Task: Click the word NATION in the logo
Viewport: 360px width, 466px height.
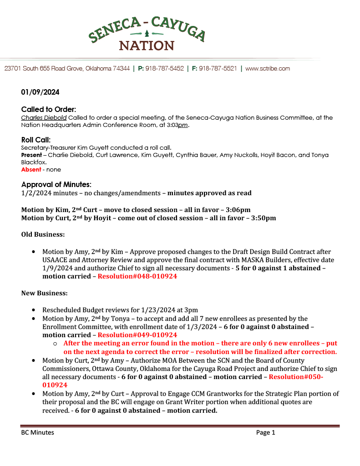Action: click(x=147, y=46)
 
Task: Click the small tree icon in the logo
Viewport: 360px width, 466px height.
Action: click(x=147, y=34)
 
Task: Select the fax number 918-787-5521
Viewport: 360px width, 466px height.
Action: click(x=218, y=69)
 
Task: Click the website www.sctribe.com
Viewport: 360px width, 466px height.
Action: click(x=268, y=69)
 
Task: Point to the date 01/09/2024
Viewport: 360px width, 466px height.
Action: click(x=40, y=92)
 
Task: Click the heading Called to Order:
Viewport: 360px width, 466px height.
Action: click(x=48, y=110)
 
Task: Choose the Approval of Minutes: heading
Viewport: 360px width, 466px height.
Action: click(x=56, y=184)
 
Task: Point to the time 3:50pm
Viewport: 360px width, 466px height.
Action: click(x=263, y=218)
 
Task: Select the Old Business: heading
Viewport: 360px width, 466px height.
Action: click(x=43, y=234)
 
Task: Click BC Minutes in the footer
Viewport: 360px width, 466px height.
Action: click(x=37, y=433)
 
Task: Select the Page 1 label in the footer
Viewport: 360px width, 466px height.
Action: click(x=266, y=433)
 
